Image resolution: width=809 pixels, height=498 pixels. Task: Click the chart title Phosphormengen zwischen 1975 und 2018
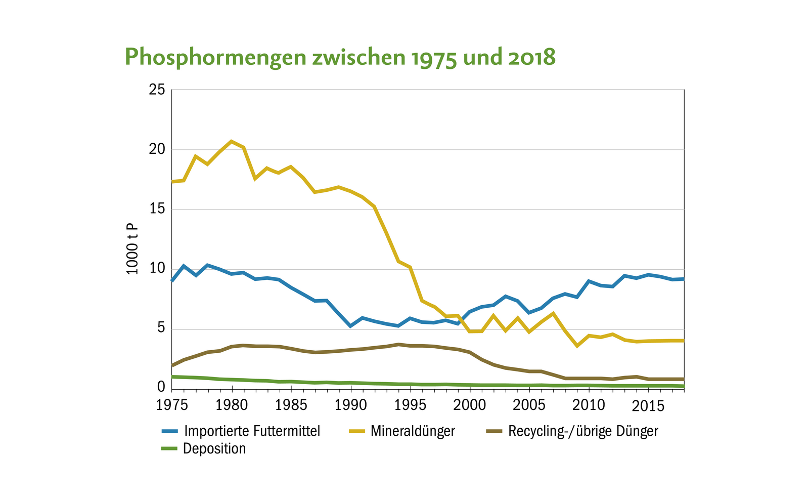tap(340, 57)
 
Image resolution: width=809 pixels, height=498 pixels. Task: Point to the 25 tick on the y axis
tap(157, 90)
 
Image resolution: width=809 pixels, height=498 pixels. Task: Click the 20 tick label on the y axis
tap(157, 150)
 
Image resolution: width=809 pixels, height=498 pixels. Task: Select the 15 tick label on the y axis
tap(157, 210)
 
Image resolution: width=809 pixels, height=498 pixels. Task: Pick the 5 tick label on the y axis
tap(161, 328)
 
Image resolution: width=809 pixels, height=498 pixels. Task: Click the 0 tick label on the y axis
tap(161, 387)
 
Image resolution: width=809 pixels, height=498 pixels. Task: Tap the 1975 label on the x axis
tap(172, 405)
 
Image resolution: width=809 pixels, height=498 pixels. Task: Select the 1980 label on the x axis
tap(232, 405)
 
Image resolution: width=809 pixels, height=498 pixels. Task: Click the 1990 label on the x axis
tap(350, 405)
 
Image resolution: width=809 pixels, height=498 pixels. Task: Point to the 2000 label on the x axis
tap(470, 405)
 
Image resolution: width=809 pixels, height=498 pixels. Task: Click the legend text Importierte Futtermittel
tap(252, 431)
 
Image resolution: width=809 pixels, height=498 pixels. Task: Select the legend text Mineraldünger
tap(413, 431)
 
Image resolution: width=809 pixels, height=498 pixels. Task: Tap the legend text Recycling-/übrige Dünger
tap(583, 431)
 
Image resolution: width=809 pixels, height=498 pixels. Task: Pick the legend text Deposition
tap(214, 449)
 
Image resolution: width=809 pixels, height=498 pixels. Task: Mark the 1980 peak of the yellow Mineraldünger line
tap(232, 141)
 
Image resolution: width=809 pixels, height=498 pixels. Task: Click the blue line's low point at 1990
tap(350, 326)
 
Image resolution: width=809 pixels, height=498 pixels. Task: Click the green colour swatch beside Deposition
tap(170, 449)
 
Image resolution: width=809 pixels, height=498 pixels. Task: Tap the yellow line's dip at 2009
tap(577, 346)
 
